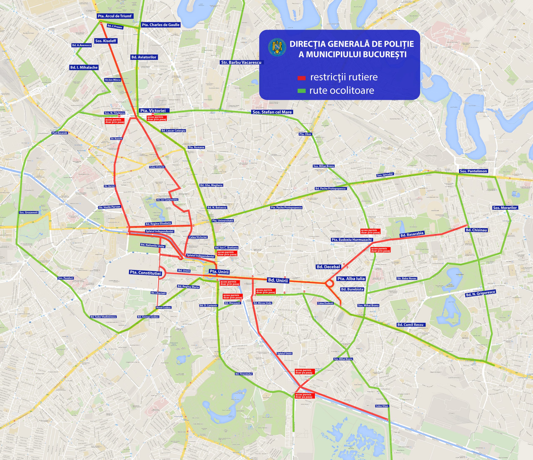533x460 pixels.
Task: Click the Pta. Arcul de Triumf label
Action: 115,16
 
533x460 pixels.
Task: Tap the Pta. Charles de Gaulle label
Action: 161,25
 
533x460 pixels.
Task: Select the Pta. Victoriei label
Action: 153,110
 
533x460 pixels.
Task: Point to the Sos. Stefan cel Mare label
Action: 272,112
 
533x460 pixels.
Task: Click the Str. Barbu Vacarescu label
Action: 241,62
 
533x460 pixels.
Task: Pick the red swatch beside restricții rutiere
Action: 301,78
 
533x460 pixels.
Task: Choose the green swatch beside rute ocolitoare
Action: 301,91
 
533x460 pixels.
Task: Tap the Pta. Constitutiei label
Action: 145,273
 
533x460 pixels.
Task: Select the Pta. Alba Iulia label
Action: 351,279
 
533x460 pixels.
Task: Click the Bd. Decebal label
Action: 328,267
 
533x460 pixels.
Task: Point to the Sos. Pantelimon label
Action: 473,171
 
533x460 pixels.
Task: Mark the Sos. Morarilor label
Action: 505,208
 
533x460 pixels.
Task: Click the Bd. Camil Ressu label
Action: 410,325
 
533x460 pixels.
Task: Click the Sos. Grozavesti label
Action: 29,212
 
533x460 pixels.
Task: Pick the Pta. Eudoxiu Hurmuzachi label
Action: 351,240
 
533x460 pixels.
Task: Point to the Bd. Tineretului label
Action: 244,374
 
